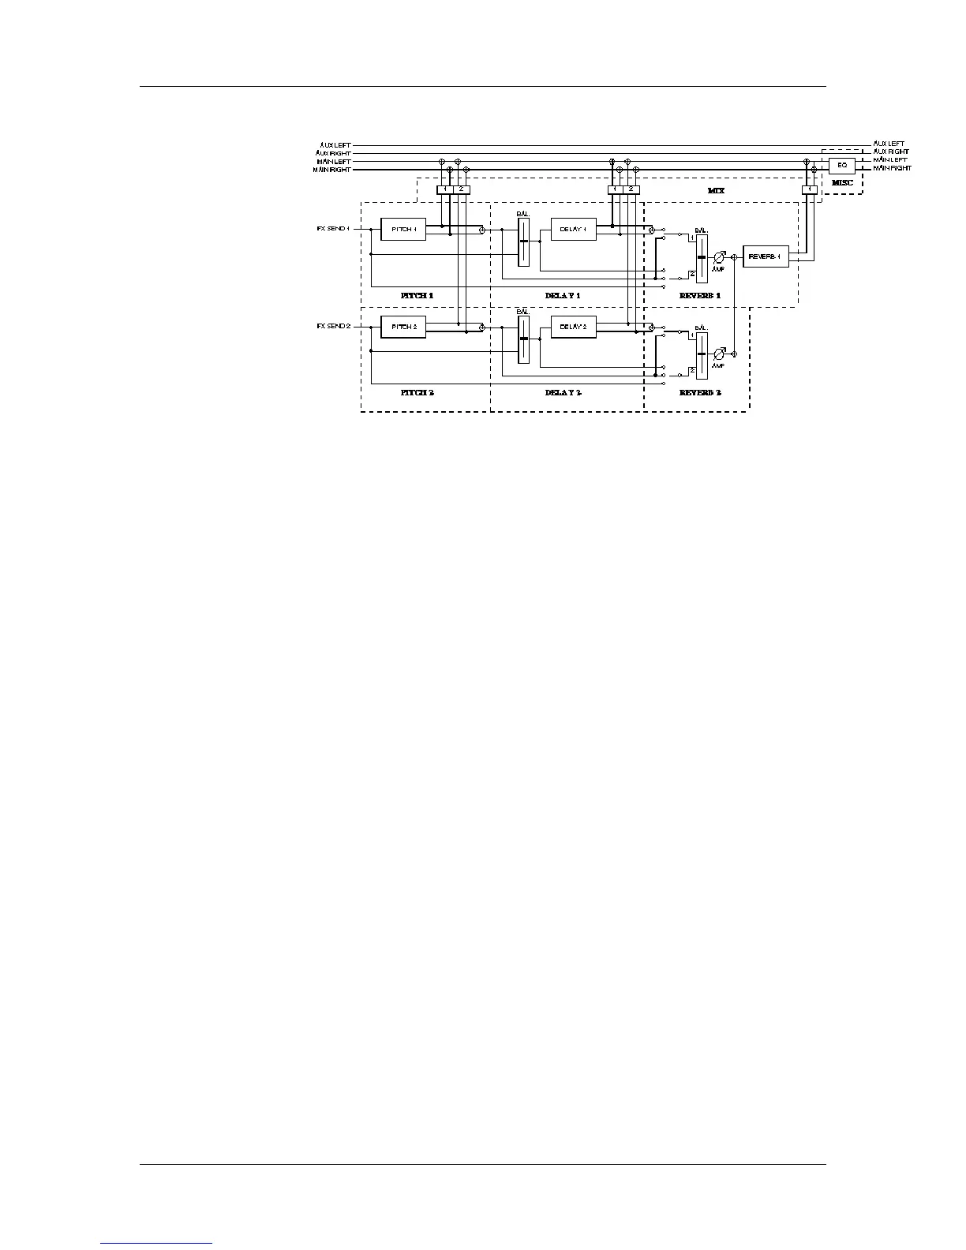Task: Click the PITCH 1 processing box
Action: pyautogui.click(x=402, y=229)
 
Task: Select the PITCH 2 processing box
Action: pyautogui.click(x=402, y=326)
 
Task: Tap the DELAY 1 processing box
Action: pyautogui.click(x=573, y=229)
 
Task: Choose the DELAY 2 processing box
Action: pyautogui.click(x=573, y=326)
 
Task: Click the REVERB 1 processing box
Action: pyautogui.click(x=766, y=256)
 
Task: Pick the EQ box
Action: pyautogui.click(x=842, y=165)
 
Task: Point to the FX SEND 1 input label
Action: pyautogui.click(x=332, y=228)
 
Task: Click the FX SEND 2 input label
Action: pyautogui.click(x=332, y=325)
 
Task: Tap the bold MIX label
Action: pyautogui.click(x=716, y=191)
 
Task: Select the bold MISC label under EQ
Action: pyautogui.click(x=842, y=183)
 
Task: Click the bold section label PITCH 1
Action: pyautogui.click(x=417, y=295)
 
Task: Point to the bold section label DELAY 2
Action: pyautogui.click(x=563, y=392)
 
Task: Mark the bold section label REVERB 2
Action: pyautogui.click(x=700, y=392)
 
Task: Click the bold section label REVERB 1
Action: pyautogui.click(x=700, y=295)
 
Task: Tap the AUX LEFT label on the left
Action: pyautogui.click(x=335, y=144)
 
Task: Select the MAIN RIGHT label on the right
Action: pyautogui.click(x=892, y=168)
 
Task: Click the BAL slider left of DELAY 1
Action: pyautogui.click(x=523, y=241)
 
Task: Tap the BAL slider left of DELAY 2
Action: pyautogui.click(x=523, y=339)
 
